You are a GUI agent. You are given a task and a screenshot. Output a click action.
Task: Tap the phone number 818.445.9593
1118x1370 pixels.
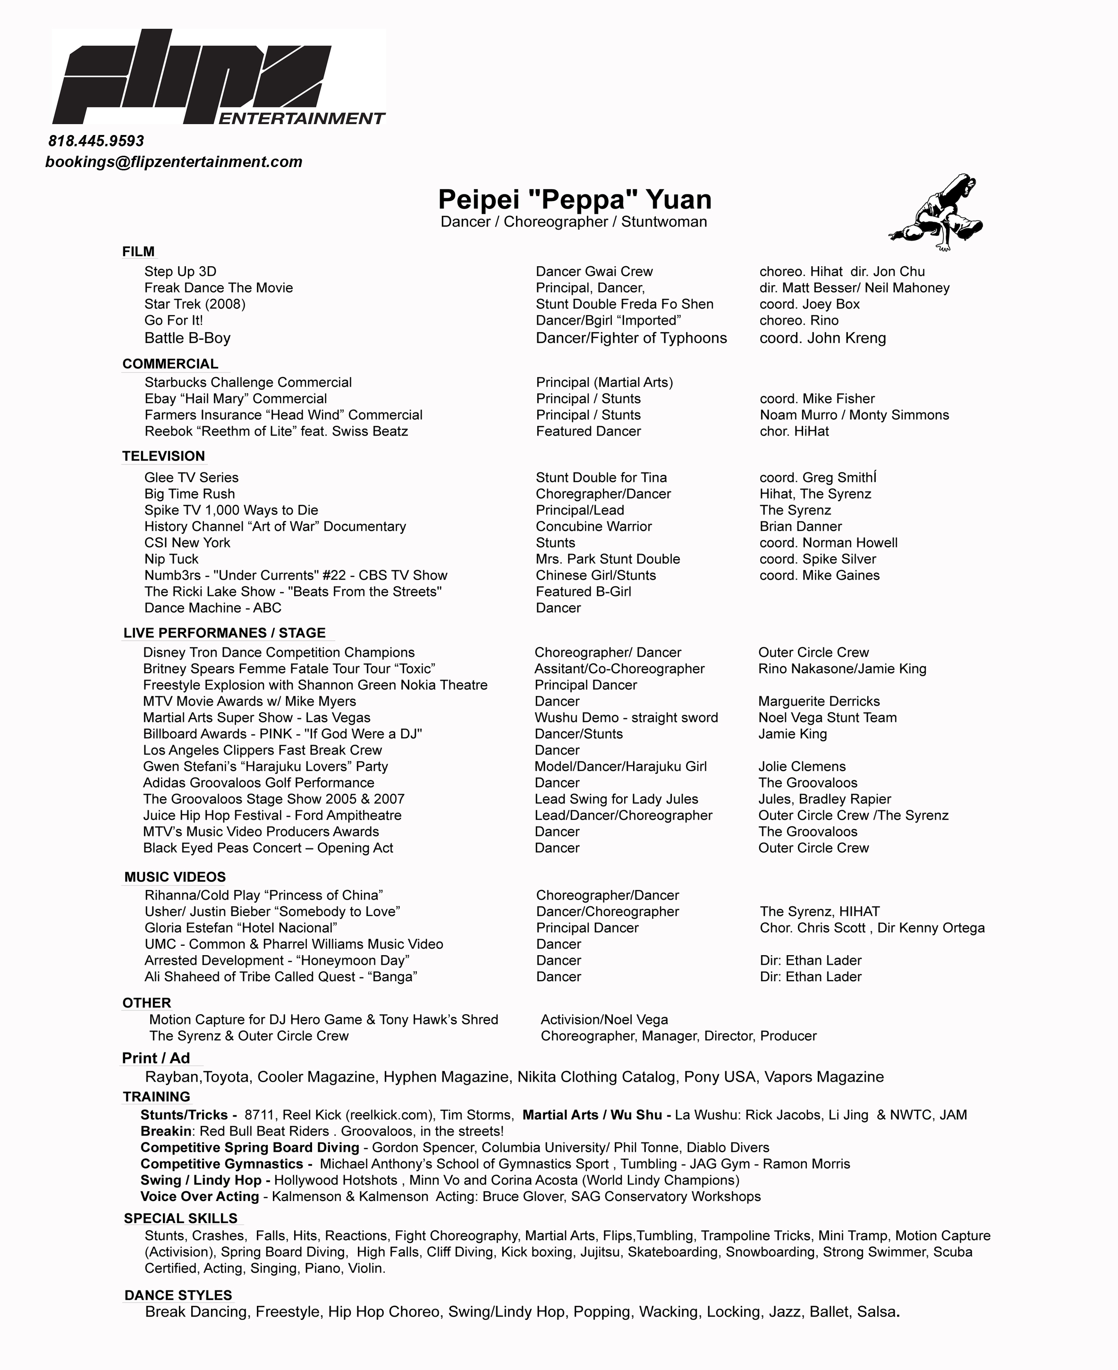pos(96,141)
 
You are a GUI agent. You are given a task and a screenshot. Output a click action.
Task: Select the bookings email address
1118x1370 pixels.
pos(174,161)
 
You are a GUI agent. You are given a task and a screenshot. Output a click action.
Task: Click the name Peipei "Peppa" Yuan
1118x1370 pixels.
pos(575,199)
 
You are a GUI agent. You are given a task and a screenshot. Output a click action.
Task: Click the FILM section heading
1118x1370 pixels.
pos(138,252)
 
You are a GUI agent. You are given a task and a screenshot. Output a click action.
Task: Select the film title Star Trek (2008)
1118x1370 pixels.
pos(195,304)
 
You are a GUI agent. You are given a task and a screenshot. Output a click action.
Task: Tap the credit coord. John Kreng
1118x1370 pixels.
pos(822,338)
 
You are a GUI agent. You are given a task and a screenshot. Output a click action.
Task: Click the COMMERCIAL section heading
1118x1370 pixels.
pos(170,364)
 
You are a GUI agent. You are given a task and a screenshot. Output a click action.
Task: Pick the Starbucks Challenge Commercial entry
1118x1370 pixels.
pos(248,382)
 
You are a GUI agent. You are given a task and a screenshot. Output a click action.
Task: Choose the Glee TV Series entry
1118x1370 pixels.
pos(191,478)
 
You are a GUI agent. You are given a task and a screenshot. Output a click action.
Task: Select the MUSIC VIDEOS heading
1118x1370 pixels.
pos(175,877)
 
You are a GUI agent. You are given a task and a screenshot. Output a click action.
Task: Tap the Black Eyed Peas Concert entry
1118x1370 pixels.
pos(268,848)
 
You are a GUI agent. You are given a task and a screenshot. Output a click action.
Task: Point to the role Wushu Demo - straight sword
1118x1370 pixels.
pos(626,717)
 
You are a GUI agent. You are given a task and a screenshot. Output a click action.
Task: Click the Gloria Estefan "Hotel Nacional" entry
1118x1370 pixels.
pos(241,928)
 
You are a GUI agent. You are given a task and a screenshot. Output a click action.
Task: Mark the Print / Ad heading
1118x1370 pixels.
pos(156,1059)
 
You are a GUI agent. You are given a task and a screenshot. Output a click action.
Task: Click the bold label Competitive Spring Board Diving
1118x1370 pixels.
pos(250,1147)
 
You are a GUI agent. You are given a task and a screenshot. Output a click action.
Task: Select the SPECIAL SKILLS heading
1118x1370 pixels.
pos(181,1218)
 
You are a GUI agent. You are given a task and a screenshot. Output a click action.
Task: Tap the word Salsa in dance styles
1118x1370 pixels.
pos(876,1311)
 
